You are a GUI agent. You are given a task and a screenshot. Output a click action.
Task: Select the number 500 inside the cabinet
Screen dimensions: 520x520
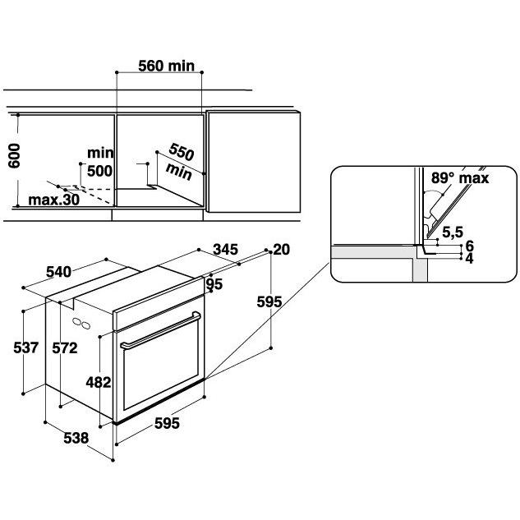point(99,171)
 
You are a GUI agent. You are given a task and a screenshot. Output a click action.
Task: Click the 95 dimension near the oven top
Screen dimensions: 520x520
point(214,284)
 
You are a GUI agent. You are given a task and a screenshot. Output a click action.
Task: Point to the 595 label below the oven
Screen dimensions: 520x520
point(167,424)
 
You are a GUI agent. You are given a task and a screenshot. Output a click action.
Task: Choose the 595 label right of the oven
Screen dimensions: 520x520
point(269,302)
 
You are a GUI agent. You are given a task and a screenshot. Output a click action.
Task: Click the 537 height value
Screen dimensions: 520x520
point(26,347)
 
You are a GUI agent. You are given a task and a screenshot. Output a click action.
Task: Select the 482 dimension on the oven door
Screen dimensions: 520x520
point(98,381)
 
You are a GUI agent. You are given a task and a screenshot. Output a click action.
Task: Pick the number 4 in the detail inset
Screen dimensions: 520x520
point(470,258)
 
